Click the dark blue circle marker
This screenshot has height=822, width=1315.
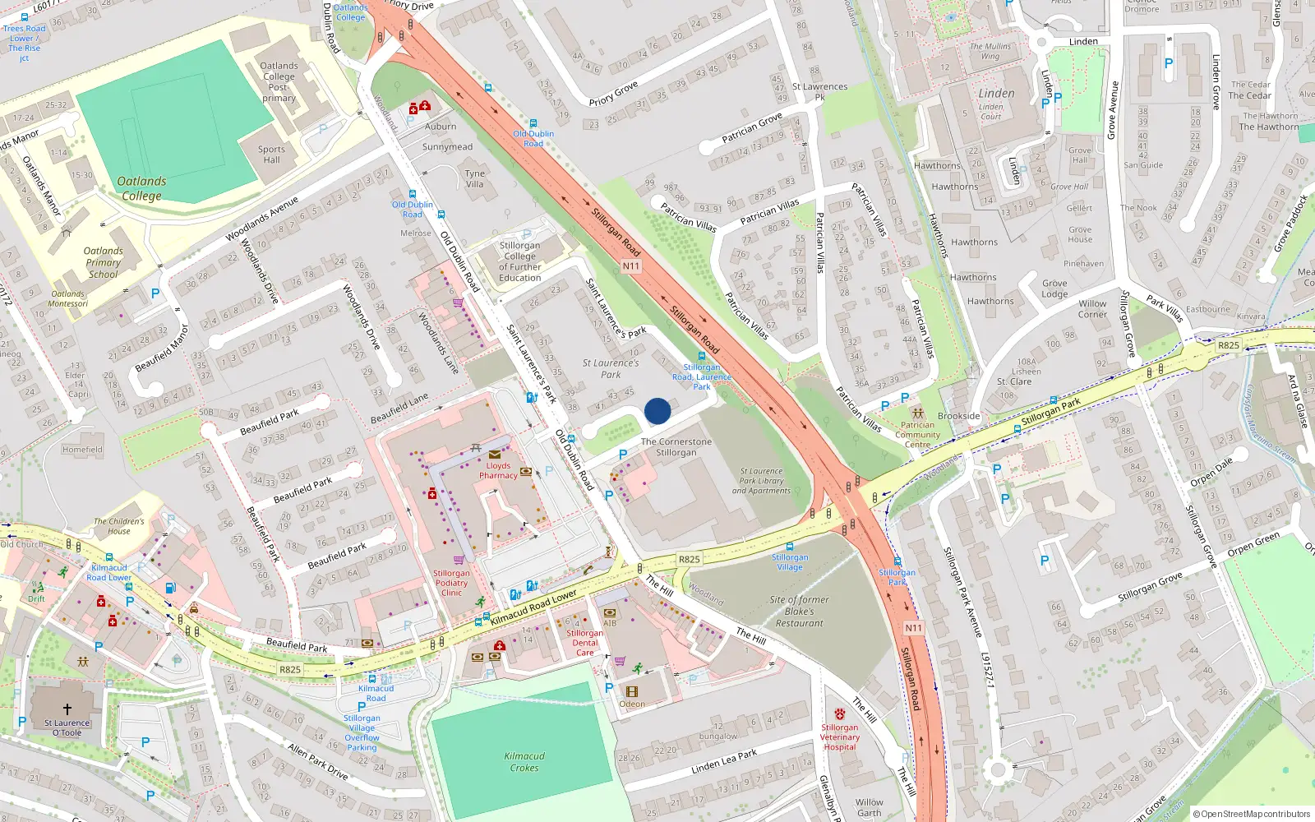657,411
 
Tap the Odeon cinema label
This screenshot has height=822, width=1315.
632,704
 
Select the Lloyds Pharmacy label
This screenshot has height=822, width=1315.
498,470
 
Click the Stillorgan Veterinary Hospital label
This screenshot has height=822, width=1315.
840,737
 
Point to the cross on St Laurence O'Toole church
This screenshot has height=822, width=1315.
67,709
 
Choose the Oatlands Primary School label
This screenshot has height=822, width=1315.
104,263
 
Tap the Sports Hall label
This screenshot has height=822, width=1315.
271,155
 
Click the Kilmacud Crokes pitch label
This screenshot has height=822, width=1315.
524,762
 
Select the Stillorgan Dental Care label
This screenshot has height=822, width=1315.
585,643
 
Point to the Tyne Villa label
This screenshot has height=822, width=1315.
475,178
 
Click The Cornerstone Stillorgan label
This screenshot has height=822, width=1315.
676,447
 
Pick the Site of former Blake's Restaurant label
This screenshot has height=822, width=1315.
799,612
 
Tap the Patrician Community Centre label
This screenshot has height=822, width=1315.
918,435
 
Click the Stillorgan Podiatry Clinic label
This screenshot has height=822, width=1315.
451,583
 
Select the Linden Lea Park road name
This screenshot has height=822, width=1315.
724,761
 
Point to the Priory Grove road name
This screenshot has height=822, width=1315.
613,94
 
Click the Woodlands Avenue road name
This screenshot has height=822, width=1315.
263,219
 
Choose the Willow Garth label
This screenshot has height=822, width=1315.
870,807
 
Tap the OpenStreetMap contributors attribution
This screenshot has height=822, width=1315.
1252,814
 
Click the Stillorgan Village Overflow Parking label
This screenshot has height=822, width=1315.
362,732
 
